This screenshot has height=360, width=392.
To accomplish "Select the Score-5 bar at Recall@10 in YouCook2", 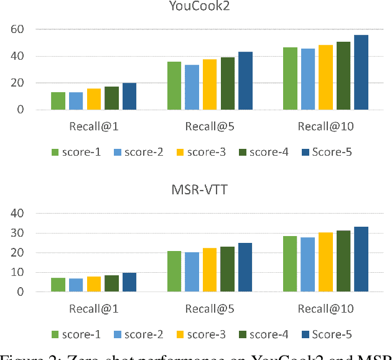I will [x=362, y=72].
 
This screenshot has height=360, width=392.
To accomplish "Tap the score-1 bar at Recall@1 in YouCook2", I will [x=58, y=101].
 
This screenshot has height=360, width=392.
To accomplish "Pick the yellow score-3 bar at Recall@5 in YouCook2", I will [x=210, y=85].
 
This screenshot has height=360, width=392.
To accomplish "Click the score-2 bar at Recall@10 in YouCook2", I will [x=308, y=79].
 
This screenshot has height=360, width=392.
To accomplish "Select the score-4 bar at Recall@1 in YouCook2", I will [x=112, y=98].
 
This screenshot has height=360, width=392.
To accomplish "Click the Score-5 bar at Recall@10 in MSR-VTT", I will [x=362, y=259].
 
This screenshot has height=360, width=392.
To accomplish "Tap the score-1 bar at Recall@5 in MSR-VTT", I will [x=174, y=272].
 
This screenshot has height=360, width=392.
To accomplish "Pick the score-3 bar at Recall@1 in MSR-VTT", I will [x=94, y=284].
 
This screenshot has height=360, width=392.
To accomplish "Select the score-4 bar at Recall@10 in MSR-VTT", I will [x=343, y=261].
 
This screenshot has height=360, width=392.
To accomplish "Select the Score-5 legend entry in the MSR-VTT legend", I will [x=327, y=334].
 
